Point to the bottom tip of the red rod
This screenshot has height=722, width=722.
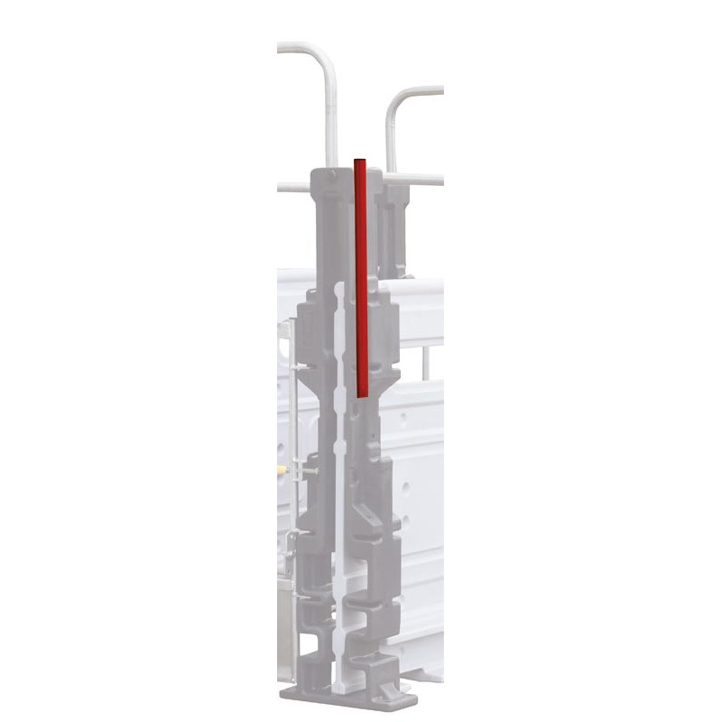coord(361,394)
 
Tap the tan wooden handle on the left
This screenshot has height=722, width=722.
coord(282,471)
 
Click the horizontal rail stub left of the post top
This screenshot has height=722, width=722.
coord(293,188)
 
